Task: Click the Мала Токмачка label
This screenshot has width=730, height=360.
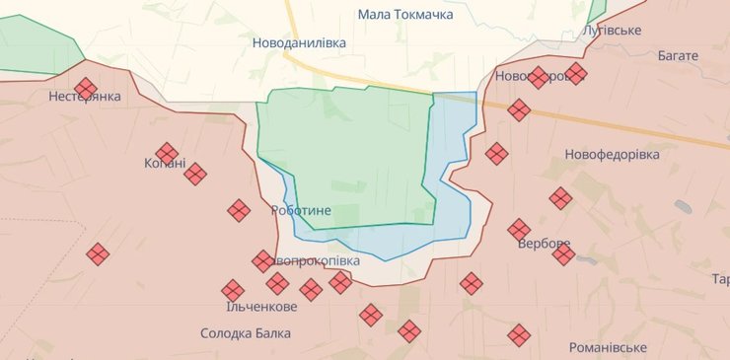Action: point(405,15)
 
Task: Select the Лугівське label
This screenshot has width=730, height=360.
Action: point(613,31)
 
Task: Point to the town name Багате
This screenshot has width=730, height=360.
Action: point(678,56)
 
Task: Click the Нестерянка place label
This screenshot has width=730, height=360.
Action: point(85,97)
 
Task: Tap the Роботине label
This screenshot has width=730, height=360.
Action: point(301,211)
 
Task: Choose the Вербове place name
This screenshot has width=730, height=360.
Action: point(545,244)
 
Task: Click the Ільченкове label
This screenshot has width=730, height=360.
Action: point(234,307)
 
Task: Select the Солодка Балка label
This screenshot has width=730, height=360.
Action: point(245,333)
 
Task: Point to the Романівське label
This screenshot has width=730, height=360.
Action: point(608,348)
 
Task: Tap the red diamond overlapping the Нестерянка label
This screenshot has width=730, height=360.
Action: point(86,90)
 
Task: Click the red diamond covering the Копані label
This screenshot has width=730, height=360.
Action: point(168,153)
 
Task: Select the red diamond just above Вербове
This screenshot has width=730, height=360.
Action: point(519,230)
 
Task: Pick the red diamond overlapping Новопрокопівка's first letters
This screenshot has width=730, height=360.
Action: point(263,260)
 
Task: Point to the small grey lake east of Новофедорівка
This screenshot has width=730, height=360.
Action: point(683,207)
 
